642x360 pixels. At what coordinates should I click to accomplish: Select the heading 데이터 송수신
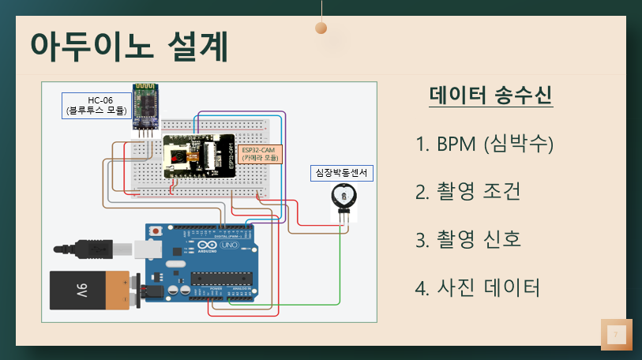[490, 96]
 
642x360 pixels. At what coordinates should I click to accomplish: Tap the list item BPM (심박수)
[484, 144]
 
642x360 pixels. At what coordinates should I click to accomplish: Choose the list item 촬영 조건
[467, 192]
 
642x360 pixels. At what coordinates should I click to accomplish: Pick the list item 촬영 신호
[467, 239]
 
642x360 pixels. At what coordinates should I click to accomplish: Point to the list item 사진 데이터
[477, 287]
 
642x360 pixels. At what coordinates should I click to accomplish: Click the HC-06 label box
[95, 105]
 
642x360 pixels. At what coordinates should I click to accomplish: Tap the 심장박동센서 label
[340, 171]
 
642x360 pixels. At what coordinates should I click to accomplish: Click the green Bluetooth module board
[145, 103]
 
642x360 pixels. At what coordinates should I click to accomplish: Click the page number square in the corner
[616, 335]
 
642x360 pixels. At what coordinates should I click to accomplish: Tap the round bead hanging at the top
[321, 28]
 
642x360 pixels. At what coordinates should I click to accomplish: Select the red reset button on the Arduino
[157, 231]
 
